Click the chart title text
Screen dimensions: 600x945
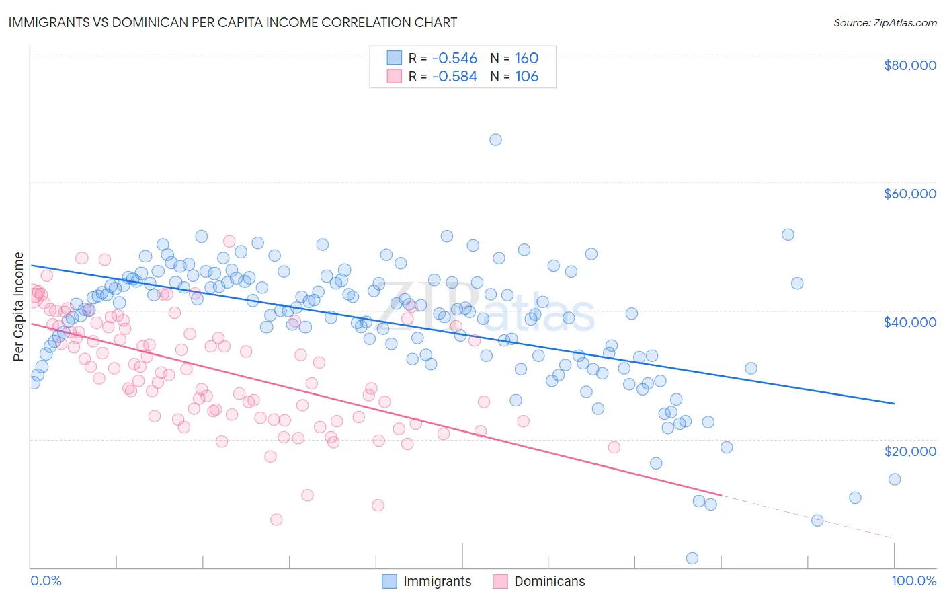pos(233,22)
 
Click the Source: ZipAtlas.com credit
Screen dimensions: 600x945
pos(885,22)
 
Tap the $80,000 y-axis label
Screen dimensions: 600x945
pos(909,65)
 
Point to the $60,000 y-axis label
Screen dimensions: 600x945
pos(909,194)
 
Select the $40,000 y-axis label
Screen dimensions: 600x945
pos(909,322)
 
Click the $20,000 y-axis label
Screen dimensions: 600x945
pos(909,451)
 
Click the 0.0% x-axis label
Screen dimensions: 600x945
pos(46,580)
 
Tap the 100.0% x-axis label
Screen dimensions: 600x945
pos(913,580)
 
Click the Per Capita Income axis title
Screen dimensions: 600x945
pos(19,307)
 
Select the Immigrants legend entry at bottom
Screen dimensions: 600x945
pos(437,581)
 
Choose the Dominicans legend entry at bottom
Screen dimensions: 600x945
pos(549,581)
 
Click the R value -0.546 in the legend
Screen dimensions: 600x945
pos(454,58)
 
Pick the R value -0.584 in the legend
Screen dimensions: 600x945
pos(454,76)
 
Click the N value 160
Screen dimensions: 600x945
pos(526,58)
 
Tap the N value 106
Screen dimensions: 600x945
pos(526,76)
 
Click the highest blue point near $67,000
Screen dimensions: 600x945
pos(495,139)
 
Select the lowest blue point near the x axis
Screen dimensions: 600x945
pos(692,558)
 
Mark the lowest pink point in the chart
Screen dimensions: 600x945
pos(276,519)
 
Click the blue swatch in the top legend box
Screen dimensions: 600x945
pos(394,58)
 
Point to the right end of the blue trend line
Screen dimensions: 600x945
pos(894,403)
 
